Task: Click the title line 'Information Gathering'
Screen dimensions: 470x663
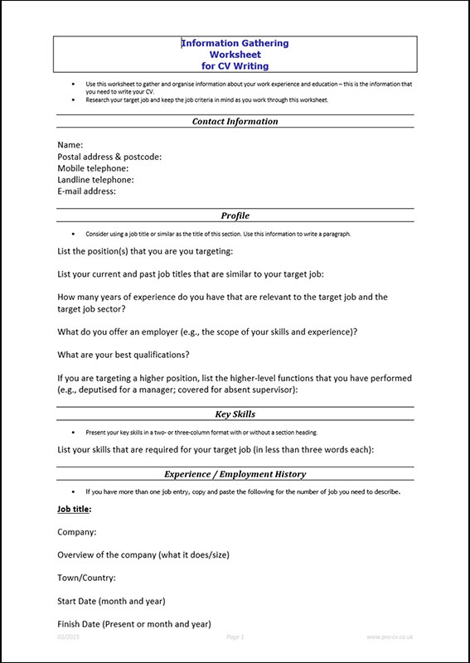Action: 235,43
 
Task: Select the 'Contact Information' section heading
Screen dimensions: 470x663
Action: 235,121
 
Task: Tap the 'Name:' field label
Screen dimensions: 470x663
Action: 70,144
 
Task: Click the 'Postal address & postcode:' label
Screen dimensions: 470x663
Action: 109,156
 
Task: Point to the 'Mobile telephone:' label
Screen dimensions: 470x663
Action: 93,167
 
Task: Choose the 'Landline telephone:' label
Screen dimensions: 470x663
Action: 95,179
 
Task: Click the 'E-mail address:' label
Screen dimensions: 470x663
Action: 86,191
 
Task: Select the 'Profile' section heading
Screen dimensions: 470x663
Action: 235,215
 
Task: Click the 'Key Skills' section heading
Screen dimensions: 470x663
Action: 235,414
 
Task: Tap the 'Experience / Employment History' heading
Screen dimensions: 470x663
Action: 235,474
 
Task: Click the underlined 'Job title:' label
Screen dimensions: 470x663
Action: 75,508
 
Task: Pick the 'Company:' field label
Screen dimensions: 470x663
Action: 76,531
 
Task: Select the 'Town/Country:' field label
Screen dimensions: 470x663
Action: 86,578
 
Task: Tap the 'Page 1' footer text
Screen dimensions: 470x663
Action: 236,636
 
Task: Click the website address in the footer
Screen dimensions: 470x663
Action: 390,636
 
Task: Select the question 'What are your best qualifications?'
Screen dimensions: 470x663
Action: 124,355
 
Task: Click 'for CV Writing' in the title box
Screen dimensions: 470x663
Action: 235,65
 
